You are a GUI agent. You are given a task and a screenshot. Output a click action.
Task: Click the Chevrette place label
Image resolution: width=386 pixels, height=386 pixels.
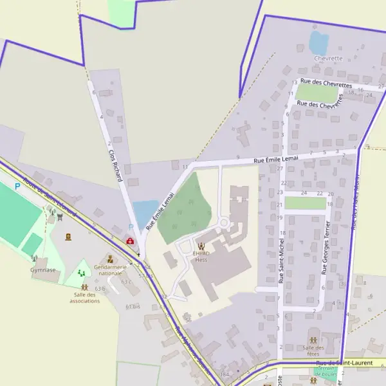point(327,58)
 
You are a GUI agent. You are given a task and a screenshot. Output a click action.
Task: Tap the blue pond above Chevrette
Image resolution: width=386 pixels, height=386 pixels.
point(318,43)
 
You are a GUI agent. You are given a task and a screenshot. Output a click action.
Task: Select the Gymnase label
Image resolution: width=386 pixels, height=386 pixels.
point(43,270)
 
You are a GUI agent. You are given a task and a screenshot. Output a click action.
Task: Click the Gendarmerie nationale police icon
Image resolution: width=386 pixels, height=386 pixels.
point(107,257)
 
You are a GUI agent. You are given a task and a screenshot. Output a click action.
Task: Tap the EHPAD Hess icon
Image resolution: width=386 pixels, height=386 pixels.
point(201,246)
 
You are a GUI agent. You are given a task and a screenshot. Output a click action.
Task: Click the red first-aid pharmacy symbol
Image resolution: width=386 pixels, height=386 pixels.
point(131,241)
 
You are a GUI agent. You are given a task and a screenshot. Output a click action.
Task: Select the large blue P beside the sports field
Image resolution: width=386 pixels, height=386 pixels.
point(17,187)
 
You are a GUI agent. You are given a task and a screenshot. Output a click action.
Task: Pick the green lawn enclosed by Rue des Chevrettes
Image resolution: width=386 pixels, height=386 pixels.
point(317,93)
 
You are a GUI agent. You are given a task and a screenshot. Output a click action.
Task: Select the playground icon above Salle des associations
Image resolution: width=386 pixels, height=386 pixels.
point(82,273)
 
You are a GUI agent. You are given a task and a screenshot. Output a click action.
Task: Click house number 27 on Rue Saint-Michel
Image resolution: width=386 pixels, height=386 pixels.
point(280,169)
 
